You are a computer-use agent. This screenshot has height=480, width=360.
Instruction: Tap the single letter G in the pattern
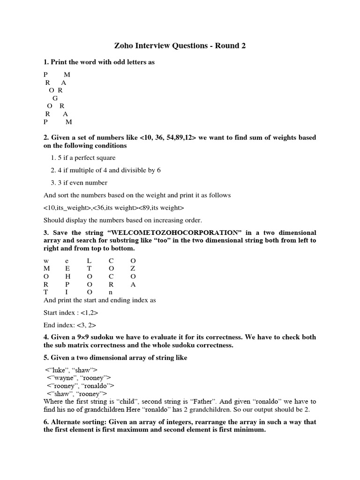click(55, 98)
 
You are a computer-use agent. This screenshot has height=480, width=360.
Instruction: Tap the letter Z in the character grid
click(133, 268)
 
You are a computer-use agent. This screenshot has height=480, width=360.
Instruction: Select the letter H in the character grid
click(67, 276)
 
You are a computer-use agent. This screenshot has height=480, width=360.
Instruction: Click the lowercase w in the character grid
click(46, 260)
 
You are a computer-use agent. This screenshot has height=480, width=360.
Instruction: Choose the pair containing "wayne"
click(78, 378)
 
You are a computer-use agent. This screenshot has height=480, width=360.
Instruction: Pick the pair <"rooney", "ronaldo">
click(80, 386)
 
